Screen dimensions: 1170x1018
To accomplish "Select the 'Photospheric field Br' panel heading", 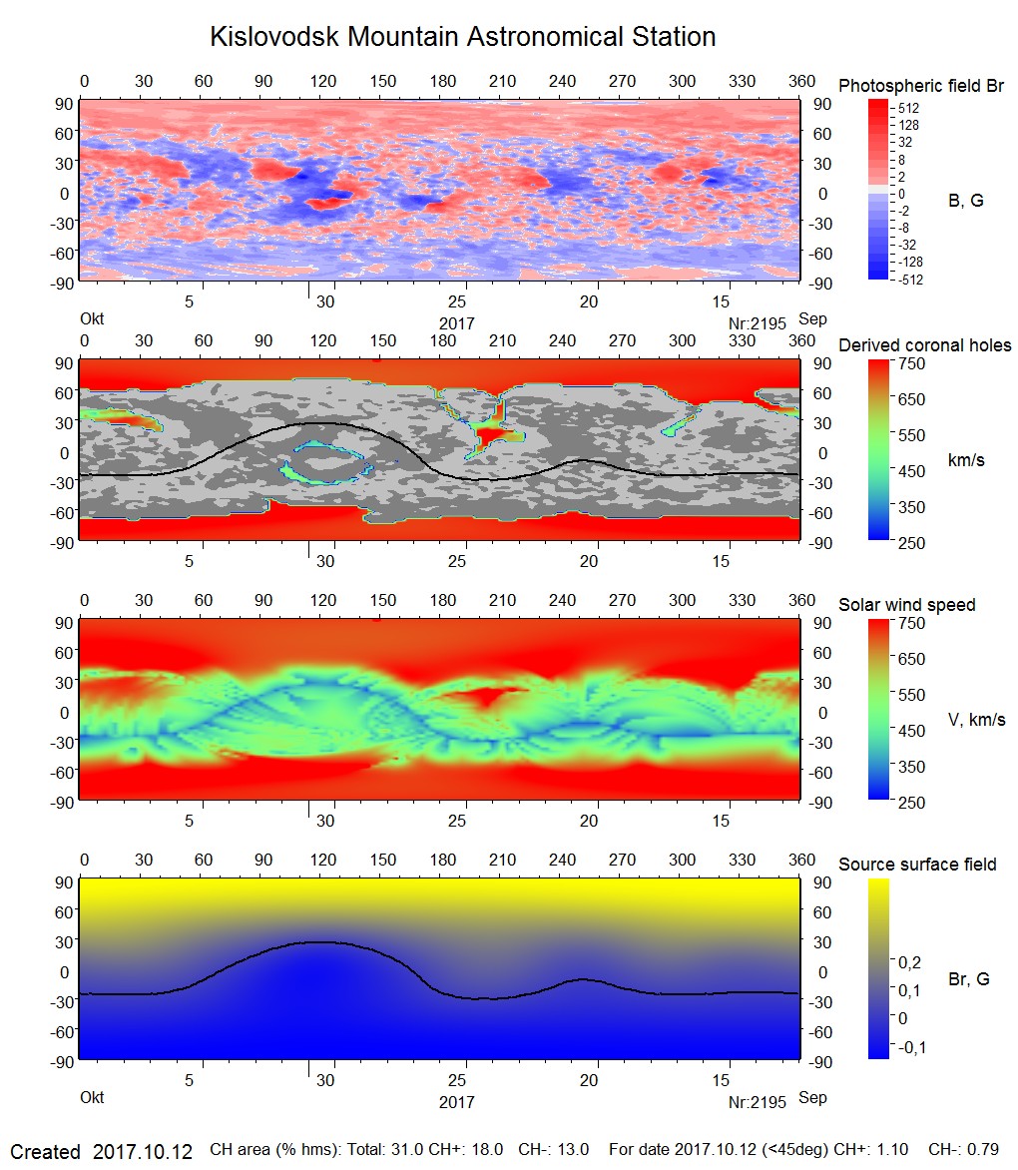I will click(x=921, y=86).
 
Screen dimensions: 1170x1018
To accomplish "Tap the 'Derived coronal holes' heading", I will click(x=924, y=345).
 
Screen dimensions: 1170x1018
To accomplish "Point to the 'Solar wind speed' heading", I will click(x=907, y=605).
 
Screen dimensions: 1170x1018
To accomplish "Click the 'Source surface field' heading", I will click(x=917, y=865).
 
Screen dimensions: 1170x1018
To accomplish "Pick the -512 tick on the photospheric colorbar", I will click(x=908, y=280).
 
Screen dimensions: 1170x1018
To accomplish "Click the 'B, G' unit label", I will click(x=965, y=201).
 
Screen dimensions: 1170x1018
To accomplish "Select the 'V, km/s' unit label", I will click(x=976, y=720).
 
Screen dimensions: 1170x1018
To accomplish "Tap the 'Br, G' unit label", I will click(x=969, y=979).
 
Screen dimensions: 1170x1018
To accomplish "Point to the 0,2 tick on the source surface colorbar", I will click(x=909, y=961).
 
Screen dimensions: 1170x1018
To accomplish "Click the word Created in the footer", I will click(x=45, y=1151).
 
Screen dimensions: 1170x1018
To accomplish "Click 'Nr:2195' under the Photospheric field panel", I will click(x=758, y=322).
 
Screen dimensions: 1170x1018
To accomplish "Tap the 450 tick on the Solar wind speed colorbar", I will click(x=912, y=730).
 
